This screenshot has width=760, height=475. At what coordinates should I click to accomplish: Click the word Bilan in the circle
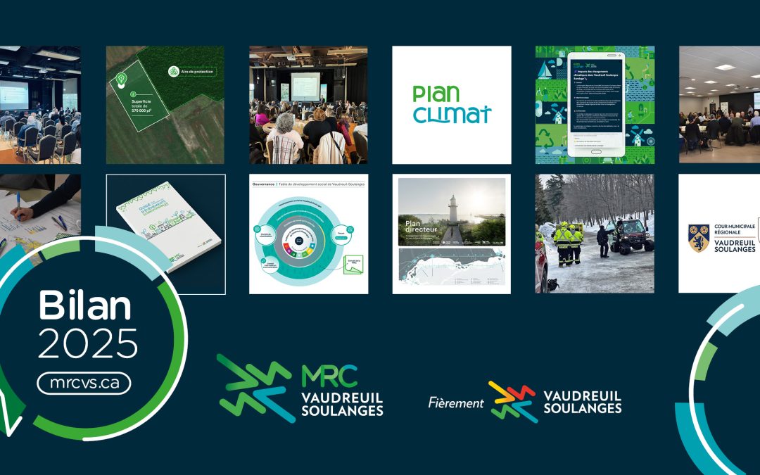point(84,307)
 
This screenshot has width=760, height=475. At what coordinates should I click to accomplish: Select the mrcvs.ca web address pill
point(84,383)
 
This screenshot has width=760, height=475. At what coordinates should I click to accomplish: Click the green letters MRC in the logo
point(329,376)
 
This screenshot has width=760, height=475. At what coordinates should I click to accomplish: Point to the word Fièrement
point(455,403)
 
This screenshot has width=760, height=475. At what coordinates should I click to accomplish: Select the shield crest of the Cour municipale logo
point(699,239)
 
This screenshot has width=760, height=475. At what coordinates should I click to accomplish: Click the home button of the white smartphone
point(596,151)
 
